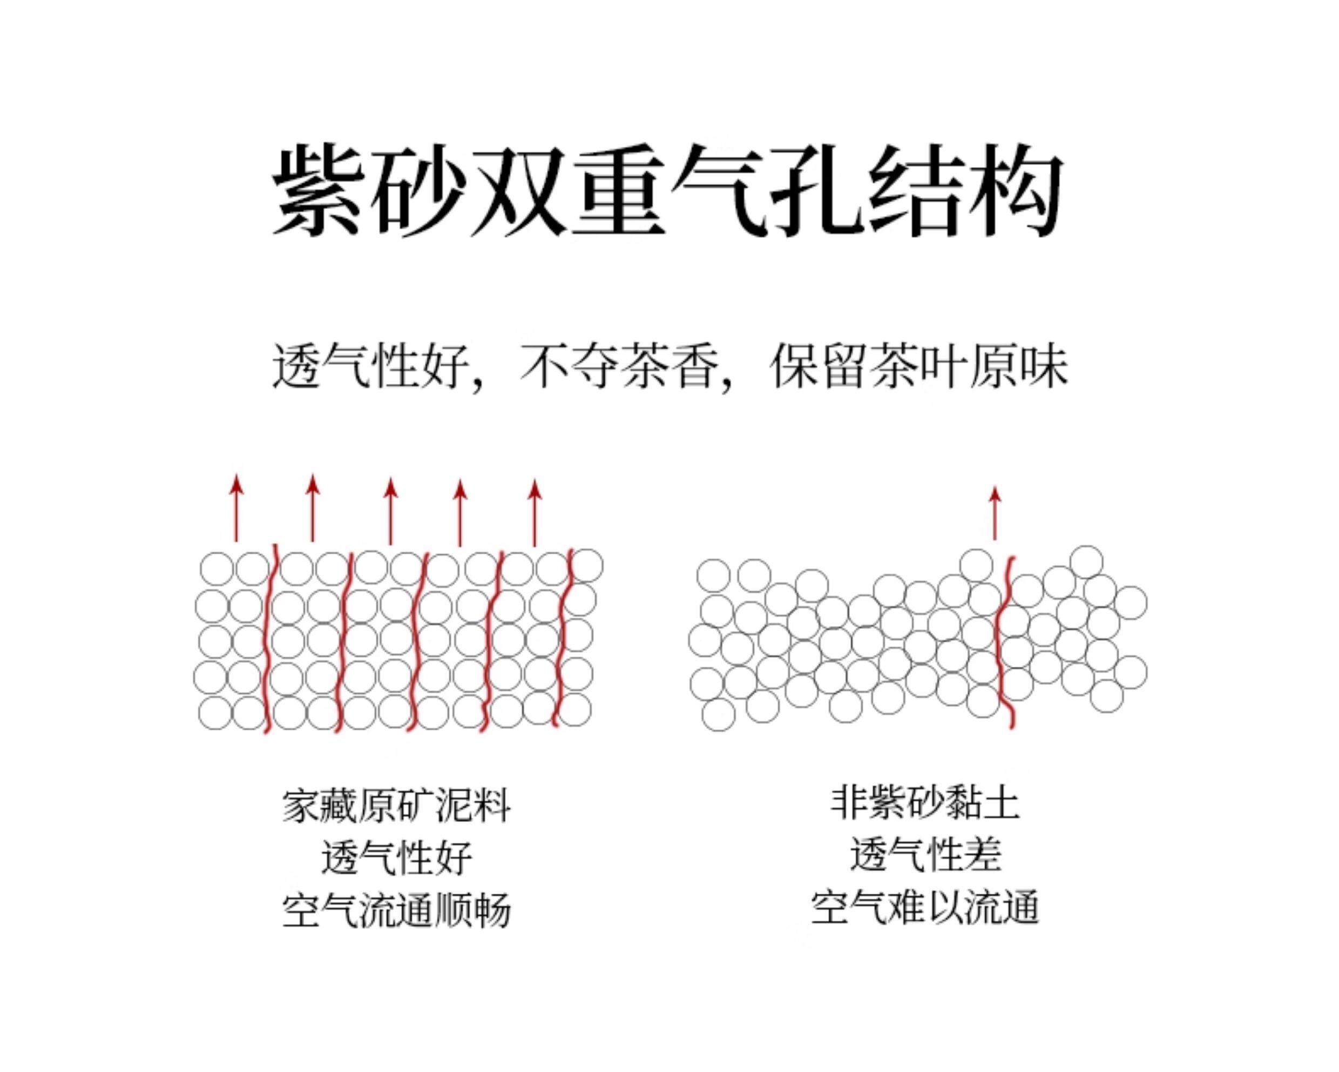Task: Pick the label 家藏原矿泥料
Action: click(396, 807)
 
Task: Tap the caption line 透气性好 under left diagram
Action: click(396, 858)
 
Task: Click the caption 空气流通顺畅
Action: click(396, 911)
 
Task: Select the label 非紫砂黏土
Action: click(925, 803)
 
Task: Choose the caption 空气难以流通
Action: click(925, 908)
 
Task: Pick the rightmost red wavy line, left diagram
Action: click(563, 640)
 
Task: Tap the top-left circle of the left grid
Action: click(217, 568)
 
